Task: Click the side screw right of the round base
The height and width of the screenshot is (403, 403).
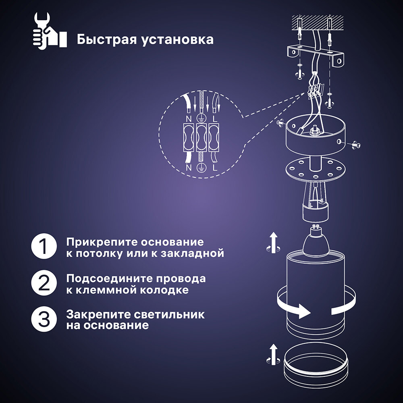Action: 355,144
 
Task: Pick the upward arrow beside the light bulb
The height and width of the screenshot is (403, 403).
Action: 274,241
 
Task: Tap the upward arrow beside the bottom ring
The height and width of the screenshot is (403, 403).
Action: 274,353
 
